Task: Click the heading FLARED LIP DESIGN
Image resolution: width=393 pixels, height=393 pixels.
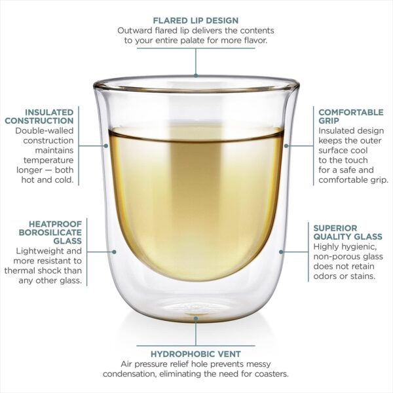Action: pyautogui.click(x=196, y=20)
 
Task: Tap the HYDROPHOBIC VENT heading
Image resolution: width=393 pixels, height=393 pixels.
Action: pyautogui.click(x=196, y=354)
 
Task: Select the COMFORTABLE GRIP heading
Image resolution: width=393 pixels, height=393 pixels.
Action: pyautogui.click(x=351, y=117)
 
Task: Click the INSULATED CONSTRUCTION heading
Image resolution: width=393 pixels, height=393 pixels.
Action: pyautogui.click(x=39, y=117)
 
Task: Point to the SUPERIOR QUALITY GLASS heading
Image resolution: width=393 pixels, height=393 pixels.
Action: pyautogui.click(x=348, y=233)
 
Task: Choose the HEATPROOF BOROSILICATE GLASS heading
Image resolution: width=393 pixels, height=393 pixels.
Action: pyautogui.click(x=50, y=233)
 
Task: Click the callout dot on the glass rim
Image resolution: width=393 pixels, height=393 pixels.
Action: pyautogui.click(x=196, y=75)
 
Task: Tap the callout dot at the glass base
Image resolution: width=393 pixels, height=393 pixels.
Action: pyautogui.click(x=196, y=318)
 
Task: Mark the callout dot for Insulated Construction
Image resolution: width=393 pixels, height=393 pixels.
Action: pyautogui.click(x=106, y=145)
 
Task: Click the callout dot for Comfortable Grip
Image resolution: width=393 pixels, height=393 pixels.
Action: pyautogui.click(x=286, y=145)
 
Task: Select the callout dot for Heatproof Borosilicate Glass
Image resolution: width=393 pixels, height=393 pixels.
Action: pyautogui.click(x=114, y=252)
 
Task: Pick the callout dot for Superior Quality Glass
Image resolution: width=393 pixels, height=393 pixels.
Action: pyautogui.click(x=281, y=252)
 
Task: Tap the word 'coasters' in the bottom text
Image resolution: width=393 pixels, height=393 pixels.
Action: pyautogui.click(x=272, y=374)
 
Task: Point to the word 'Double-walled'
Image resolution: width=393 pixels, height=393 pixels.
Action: pyautogui.click(x=45, y=131)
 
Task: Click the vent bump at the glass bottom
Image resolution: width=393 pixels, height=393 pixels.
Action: pyautogui.click(x=196, y=310)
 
